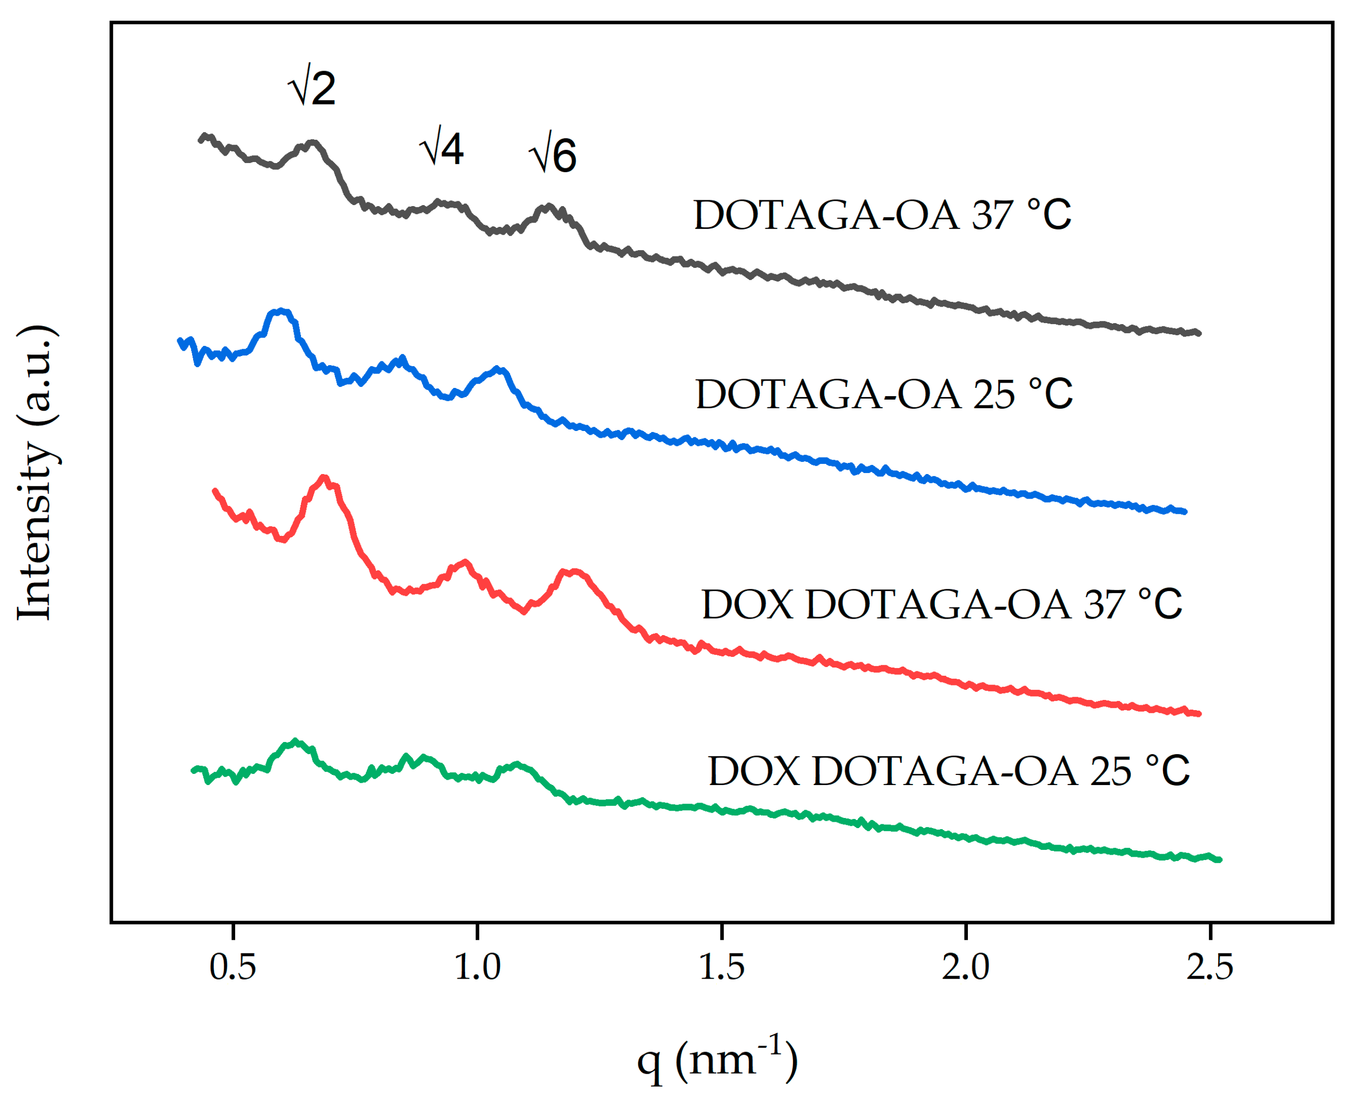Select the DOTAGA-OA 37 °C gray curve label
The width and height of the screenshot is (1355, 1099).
tap(882, 215)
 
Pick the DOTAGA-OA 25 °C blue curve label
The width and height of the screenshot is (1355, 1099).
tap(884, 394)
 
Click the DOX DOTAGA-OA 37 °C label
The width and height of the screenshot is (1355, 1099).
tap(942, 605)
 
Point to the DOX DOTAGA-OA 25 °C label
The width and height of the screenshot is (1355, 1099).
tap(948, 771)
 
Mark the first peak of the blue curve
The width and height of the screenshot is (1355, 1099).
tap(281, 312)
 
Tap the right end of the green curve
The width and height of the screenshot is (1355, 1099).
tap(1219, 860)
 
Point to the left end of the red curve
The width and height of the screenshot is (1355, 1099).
tap(215, 490)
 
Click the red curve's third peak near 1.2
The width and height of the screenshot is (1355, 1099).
tap(573, 572)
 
